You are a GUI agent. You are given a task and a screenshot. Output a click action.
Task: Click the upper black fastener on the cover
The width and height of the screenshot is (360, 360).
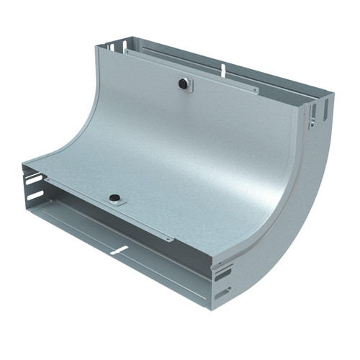185,84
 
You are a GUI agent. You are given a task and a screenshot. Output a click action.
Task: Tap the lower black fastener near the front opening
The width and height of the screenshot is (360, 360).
114,197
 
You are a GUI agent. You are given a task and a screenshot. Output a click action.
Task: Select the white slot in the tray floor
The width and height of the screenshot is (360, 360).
120,250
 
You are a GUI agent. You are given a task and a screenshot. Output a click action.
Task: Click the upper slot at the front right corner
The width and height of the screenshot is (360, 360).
222,274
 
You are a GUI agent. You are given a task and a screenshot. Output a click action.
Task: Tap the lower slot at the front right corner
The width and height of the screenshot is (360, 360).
222,293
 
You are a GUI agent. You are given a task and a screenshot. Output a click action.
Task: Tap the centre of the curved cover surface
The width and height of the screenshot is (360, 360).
187,158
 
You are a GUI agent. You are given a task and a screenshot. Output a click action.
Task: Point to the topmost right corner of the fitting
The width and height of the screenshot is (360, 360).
332,94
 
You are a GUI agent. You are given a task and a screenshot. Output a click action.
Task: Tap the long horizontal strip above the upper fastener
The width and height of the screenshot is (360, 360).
191,71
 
